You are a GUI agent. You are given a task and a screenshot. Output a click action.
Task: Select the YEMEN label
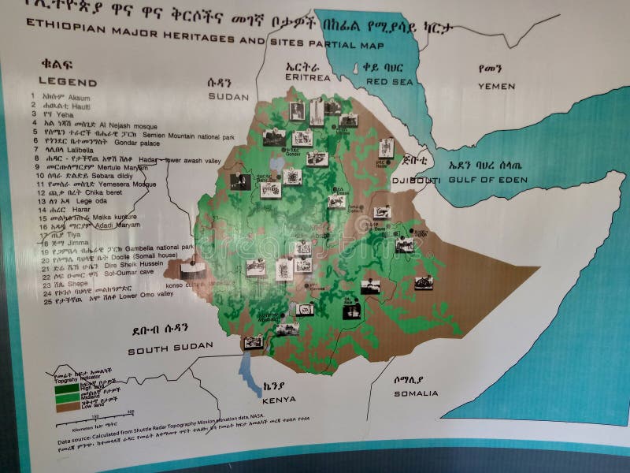pyautogui.click(x=496, y=86)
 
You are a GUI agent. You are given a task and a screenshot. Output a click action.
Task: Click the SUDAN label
pyautogui.click(x=228, y=95)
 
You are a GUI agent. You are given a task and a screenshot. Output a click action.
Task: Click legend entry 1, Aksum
pyautogui.click(x=79, y=97)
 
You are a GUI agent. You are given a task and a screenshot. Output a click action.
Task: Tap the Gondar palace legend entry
pyautogui.click(x=143, y=142)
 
